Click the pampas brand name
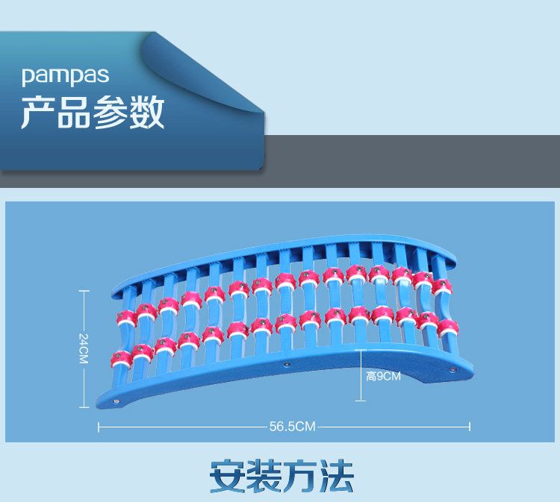66,75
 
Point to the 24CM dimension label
84,349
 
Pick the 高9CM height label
384,376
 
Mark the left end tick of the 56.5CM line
99,427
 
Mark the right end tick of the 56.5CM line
470,427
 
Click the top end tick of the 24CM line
84,292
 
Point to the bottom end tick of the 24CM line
84,407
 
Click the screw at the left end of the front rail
117,402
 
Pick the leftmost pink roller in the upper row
125,319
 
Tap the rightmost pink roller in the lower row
448,327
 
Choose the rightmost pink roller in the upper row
443,286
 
